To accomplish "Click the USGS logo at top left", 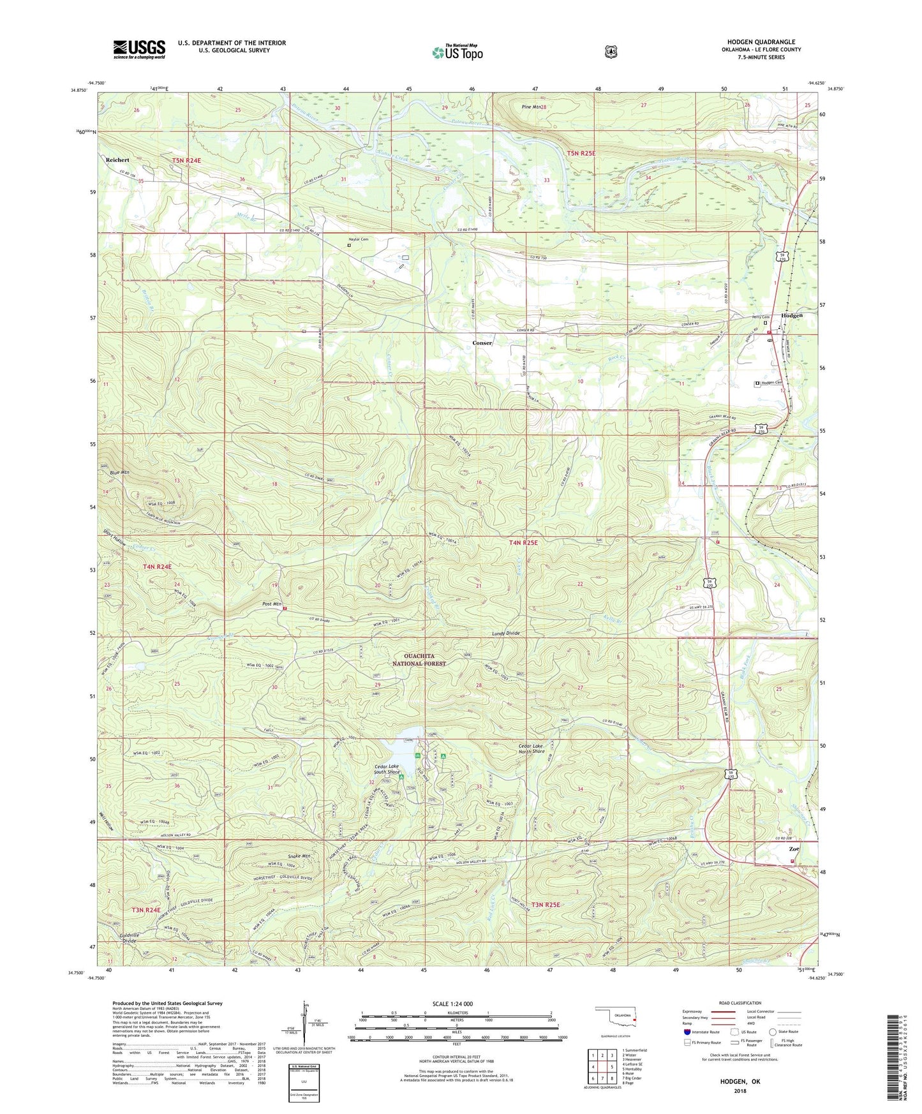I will (x=139, y=49).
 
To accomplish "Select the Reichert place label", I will (x=117, y=160).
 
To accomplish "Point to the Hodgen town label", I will (x=791, y=316).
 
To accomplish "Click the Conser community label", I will (x=482, y=343).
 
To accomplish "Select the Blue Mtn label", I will (x=119, y=473).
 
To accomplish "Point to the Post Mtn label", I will (x=272, y=604).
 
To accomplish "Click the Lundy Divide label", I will (x=506, y=633).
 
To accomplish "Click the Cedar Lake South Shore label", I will (x=387, y=769).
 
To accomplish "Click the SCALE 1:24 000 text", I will (x=452, y=1004).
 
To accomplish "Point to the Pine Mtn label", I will (x=531, y=107).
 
